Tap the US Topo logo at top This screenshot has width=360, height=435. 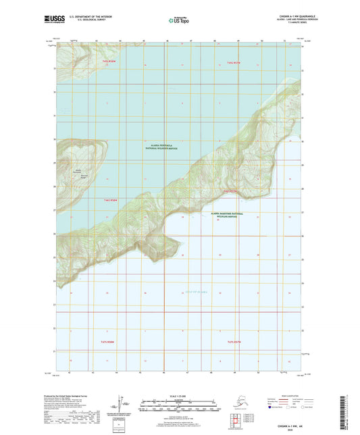pos(177,22)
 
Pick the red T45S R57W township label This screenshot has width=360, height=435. pos(234,61)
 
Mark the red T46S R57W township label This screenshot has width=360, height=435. pos(232,191)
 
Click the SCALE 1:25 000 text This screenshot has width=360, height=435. pos(179,394)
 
